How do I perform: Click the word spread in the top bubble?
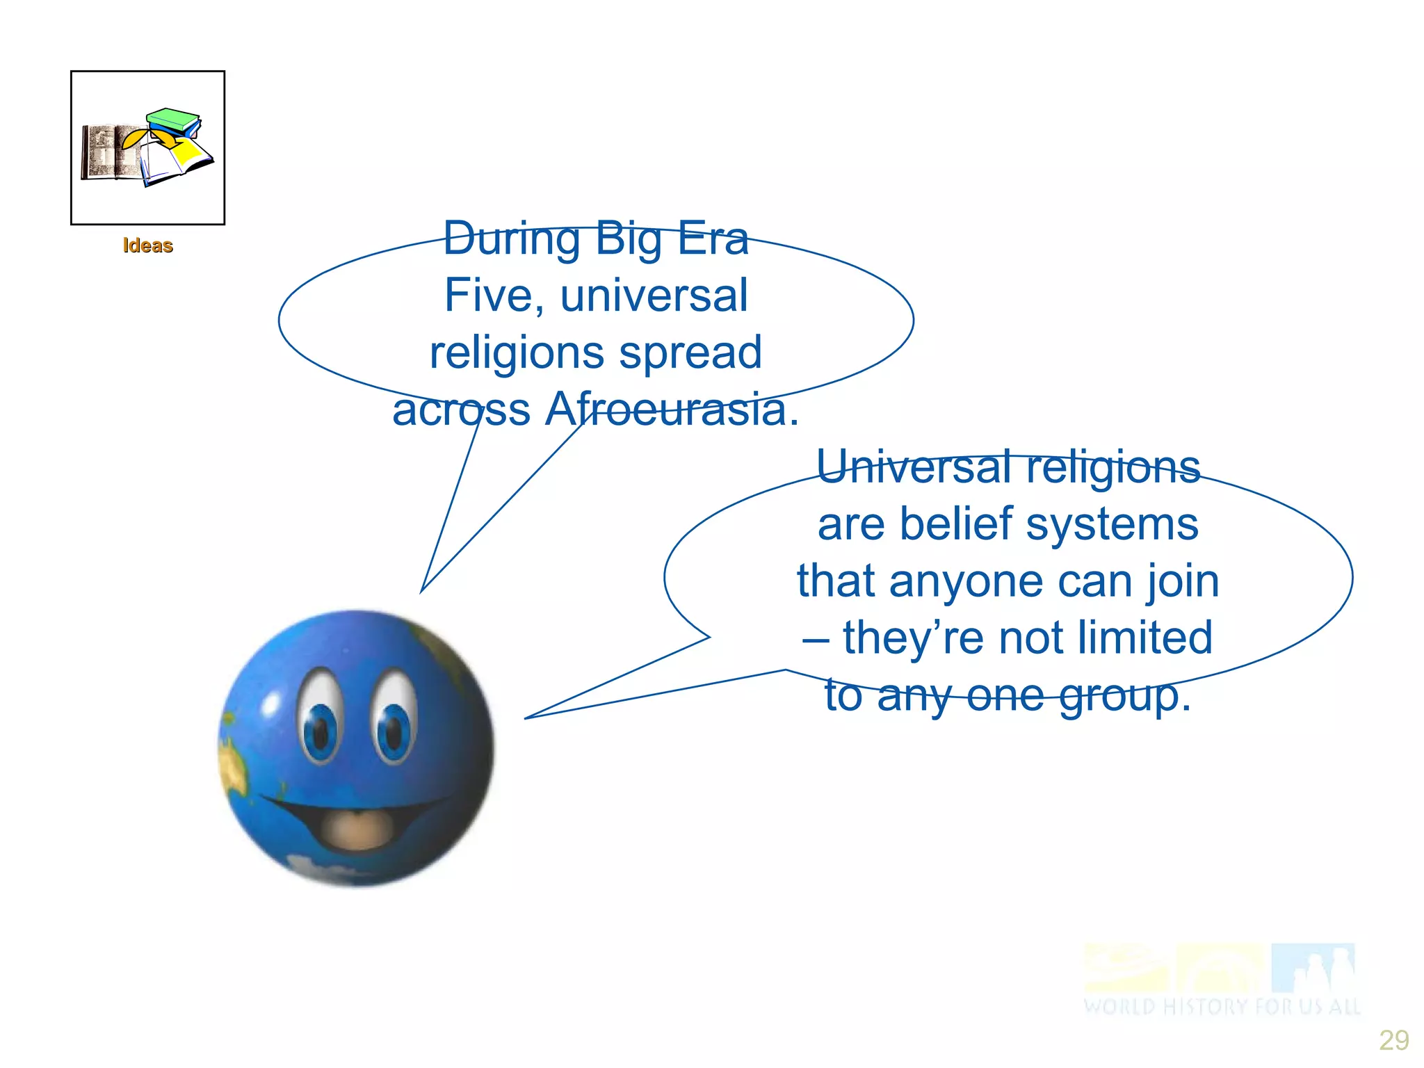[x=690, y=353]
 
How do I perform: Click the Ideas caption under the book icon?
[x=147, y=245]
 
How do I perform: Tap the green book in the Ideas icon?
[x=173, y=119]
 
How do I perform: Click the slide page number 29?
[x=1393, y=1040]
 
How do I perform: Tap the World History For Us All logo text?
[x=1221, y=1006]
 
